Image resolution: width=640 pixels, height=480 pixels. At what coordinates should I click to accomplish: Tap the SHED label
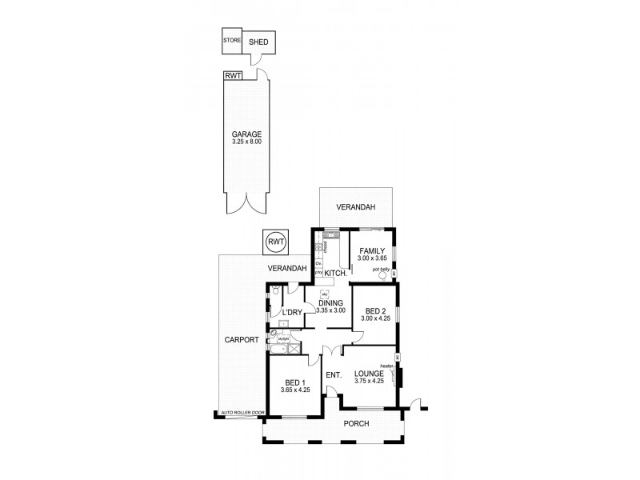(258, 42)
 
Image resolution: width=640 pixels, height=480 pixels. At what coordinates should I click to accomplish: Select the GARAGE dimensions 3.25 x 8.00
(246, 142)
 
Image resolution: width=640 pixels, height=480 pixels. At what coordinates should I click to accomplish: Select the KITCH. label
(335, 274)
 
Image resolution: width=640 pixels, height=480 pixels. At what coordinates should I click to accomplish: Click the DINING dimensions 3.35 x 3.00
(331, 310)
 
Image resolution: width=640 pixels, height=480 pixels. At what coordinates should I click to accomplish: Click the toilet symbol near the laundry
(274, 290)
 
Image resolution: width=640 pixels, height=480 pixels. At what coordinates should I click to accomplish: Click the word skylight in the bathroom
(283, 339)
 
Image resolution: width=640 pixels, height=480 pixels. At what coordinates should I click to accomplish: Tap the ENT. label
(334, 374)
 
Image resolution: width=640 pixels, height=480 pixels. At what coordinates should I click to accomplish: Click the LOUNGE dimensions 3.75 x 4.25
(370, 381)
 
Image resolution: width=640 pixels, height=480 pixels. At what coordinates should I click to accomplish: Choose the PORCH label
(356, 423)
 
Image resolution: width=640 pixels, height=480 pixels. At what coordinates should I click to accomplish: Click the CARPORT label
(241, 339)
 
